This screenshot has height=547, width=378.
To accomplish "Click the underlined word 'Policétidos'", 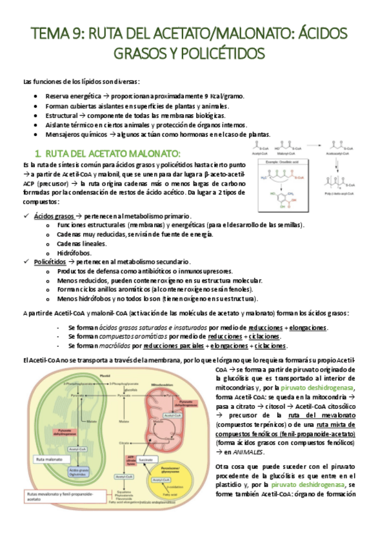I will pos(50,262).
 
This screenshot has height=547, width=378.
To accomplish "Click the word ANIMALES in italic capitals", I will pos(246,452).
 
